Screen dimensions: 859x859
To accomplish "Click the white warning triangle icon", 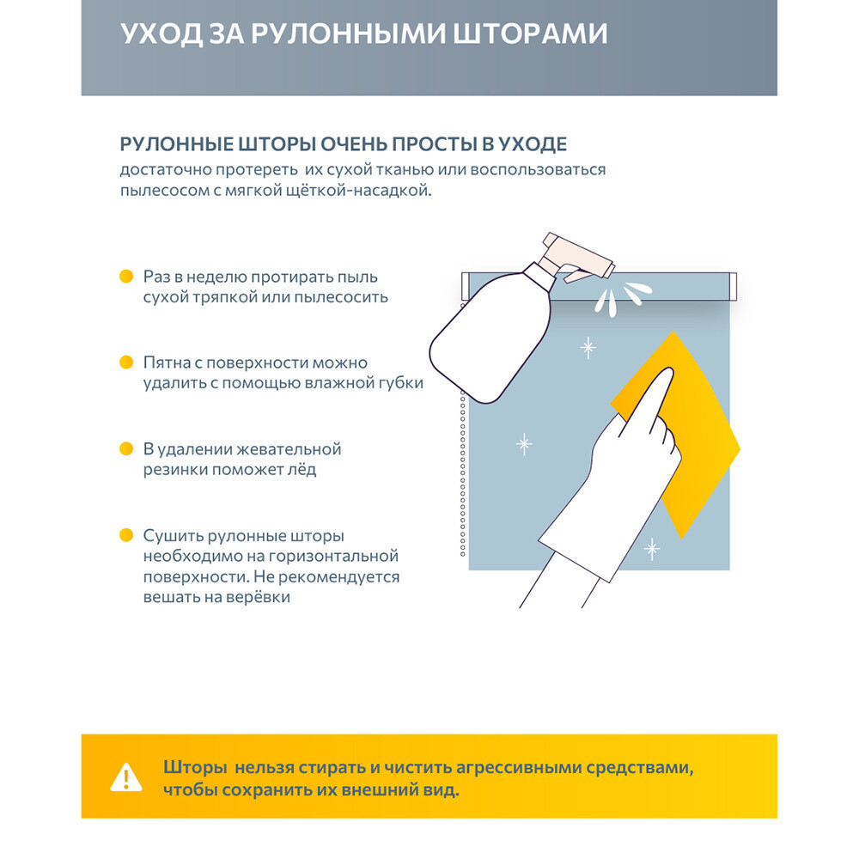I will point(126,778).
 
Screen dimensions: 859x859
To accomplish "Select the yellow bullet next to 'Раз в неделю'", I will point(126,277).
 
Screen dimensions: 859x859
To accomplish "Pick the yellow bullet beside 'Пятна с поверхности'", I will point(126,362).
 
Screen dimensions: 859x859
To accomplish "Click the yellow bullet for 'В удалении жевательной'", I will point(126,448).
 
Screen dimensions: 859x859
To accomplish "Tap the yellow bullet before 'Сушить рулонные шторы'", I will point(126,535).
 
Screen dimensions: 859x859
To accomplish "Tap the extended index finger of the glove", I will point(660,395).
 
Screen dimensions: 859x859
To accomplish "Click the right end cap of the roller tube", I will point(732,284).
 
